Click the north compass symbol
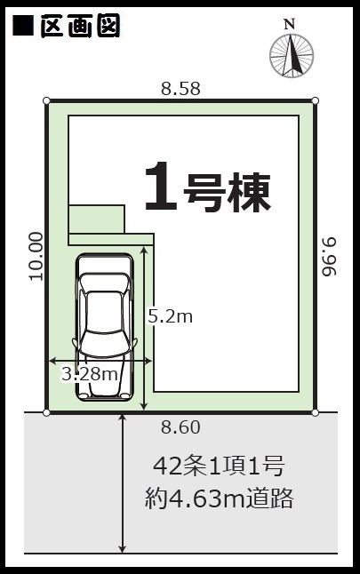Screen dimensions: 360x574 pyautogui.click(x=292, y=56)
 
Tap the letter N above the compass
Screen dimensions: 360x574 pyautogui.click(x=290, y=25)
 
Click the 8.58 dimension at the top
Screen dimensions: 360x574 pyautogui.click(x=181, y=89)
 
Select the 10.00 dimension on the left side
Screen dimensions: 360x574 pyautogui.click(x=36, y=256)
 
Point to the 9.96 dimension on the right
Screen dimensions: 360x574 pyautogui.click(x=329, y=256)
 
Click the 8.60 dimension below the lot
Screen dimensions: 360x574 pyautogui.click(x=181, y=427)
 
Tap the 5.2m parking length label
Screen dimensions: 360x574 pyautogui.click(x=171, y=316)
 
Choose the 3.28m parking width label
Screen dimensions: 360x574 pyautogui.click(x=90, y=374)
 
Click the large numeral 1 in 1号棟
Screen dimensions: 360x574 pyautogui.click(x=161, y=187)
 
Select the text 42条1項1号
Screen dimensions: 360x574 pyautogui.click(x=219, y=466)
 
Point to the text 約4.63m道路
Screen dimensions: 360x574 pyautogui.click(x=219, y=498)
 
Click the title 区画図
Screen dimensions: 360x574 pyautogui.click(x=80, y=26)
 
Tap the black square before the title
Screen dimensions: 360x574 pyautogui.click(x=23, y=26)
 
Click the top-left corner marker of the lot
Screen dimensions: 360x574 pyautogui.click(x=46, y=100)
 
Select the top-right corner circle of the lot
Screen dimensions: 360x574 pyautogui.click(x=315, y=100)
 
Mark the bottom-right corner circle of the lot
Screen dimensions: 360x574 pyautogui.click(x=315, y=413)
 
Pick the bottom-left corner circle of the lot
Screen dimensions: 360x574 pyautogui.click(x=46, y=413)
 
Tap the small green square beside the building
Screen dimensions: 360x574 pyautogui.click(x=97, y=219)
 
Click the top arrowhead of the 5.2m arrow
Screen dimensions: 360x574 pyautogui.click(x=144, y=250)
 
